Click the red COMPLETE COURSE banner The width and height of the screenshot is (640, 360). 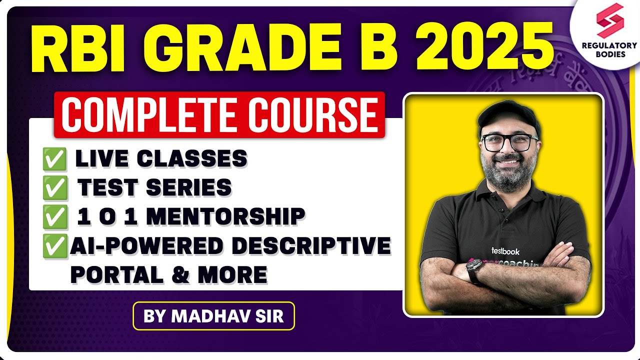[x=219, y=114]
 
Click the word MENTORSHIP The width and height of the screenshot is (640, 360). [x=225, y=216]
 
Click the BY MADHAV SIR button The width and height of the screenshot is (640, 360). [x=213, y=316]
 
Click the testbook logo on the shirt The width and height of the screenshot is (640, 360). [x=505, y=251]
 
